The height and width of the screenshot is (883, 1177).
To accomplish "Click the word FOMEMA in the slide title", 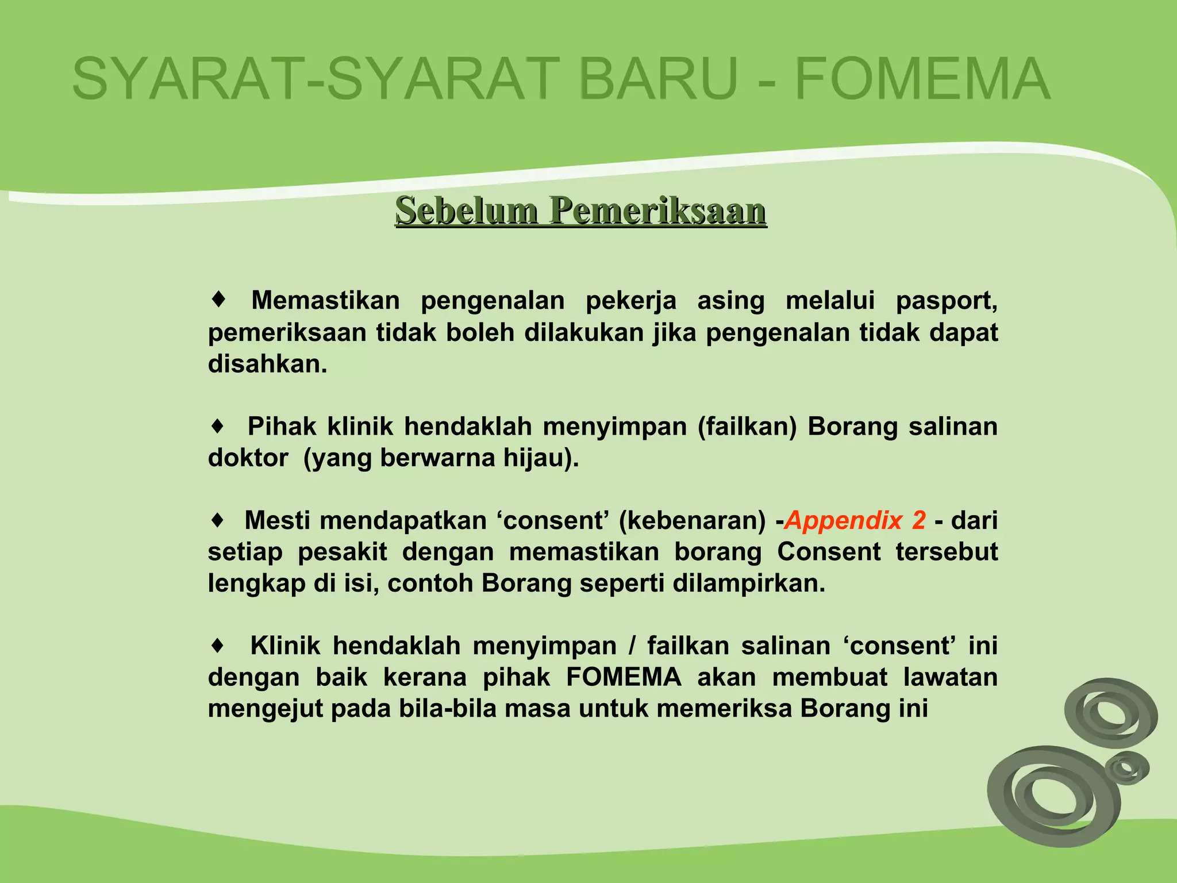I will pyautogui.click(x=922, y=79).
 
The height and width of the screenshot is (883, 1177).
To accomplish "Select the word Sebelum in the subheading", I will pyautogui.click(x=466, y=210).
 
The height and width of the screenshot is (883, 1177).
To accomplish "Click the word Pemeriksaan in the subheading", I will pyautogui.click(x=657, y=210).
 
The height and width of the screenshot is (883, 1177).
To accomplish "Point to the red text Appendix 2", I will pyautogui.click(x=855, y=520).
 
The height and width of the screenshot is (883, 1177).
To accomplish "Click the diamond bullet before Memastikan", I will pyautogui.click(x=218, y=300).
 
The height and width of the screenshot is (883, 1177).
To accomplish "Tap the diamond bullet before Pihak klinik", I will pyautogui.click(x=217, y=427).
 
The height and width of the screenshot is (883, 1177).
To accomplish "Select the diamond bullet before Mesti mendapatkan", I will pyautogui.click(x=217, y=520).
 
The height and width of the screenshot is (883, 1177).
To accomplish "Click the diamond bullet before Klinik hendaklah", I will pyautogui.click(x=217, y=646).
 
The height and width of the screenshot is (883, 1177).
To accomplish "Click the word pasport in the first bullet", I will pyautogui.click(x=946, y=301).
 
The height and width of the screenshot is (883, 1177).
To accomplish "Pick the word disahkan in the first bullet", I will pyautogui.click(x=267, y=364).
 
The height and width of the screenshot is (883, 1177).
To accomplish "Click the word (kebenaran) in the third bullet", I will pyautogui.click(x=692, y=520).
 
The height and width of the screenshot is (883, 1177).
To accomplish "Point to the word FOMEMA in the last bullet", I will pyautogui.click(x=624, y=677).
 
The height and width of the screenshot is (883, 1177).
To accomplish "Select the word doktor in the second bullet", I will pyautogui.click(x=248, y=458).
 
